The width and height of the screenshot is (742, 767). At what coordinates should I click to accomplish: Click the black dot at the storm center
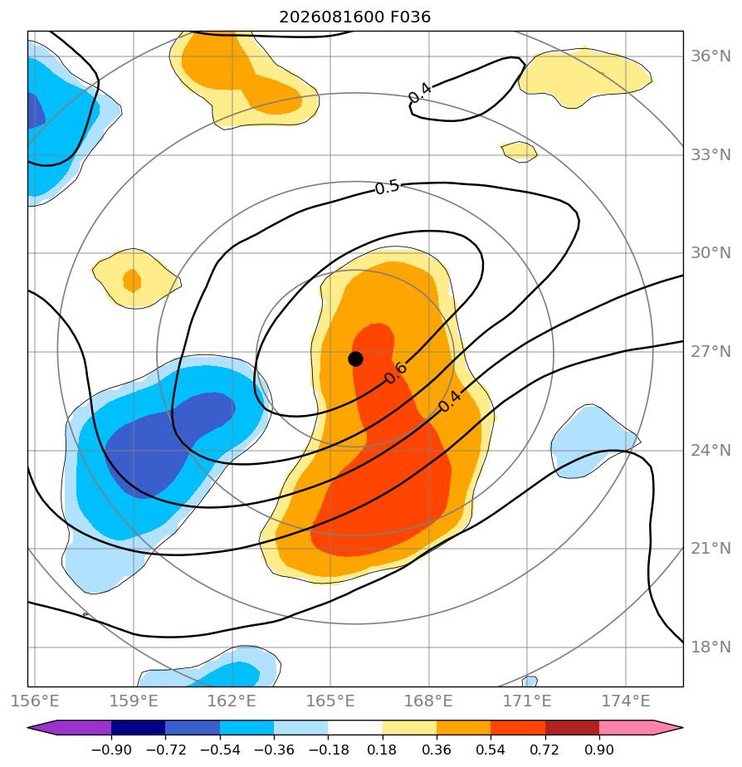(x=355, y=359)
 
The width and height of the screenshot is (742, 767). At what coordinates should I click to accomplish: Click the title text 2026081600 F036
(x=354, y=17)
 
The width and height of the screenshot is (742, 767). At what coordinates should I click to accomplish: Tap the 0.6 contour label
(x=396, y=373)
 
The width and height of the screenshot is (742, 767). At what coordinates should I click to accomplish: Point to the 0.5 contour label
(x=387, y=188)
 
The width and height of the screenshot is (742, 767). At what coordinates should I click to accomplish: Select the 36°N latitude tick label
(x=710, y=56)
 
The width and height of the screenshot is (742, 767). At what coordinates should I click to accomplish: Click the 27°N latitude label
(x=710, y=352)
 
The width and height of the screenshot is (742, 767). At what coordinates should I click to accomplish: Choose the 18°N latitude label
(x=710, y=647)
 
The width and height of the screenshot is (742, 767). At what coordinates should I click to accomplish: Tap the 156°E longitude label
(x=35, y=701)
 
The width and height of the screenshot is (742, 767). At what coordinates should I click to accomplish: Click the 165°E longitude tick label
(x=330, y=701)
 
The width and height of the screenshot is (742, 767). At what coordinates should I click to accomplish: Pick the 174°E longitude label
(x=626, y=701)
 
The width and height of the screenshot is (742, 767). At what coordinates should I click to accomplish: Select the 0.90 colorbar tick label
(x=599, y=750)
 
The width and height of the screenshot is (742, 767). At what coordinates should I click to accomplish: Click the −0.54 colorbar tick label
(x=220, y=750)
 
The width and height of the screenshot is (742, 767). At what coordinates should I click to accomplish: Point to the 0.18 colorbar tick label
(x=382, y=750)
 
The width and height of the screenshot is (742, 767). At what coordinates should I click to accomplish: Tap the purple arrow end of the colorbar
(x=70, y=728)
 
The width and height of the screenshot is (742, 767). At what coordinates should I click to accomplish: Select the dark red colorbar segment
(x=573, y=728)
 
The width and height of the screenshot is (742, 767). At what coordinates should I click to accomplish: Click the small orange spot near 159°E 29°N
(x=132, y=281)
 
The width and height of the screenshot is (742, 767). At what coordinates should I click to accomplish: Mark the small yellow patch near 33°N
(x=519, y=152)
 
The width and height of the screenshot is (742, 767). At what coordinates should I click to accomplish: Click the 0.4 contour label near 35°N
(x=420, y=92)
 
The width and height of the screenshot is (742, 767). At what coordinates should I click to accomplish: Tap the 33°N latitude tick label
(x=710, y=155)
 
